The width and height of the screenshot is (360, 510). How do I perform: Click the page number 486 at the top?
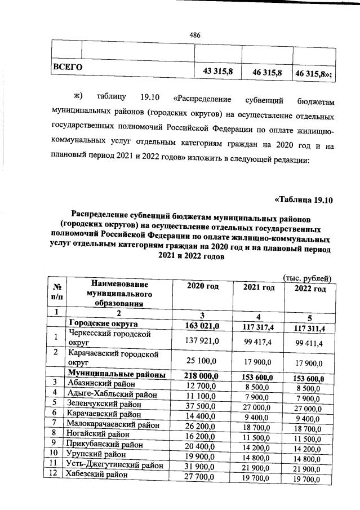[195, 35]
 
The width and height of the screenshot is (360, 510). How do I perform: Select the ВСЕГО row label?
[68, 68]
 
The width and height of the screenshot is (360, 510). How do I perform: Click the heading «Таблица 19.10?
[304, 199]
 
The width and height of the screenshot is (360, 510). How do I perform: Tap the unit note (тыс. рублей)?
[309, 278]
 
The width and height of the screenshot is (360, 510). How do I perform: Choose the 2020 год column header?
[202, 287]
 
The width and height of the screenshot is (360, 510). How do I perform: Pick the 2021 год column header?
[259, 288]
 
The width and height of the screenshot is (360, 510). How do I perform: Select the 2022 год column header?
[310, 289]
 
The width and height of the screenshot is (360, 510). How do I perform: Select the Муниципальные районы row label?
[116, 374]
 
